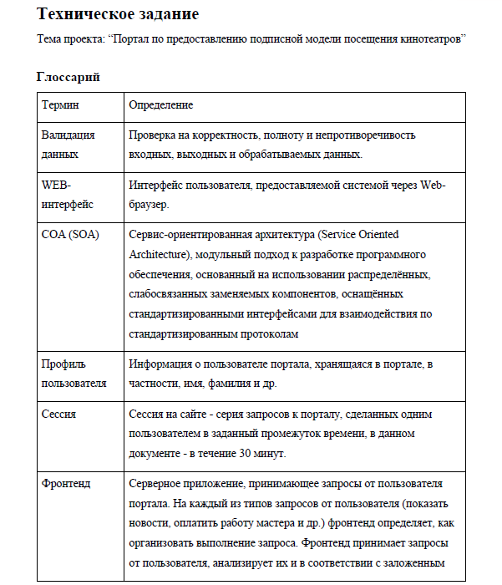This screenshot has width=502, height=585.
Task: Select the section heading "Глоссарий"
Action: pyautogui.click(x=68, y=78)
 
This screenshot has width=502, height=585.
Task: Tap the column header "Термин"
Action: pyautogui.click(x=60, y=105)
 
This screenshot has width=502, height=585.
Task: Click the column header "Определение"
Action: pyautogui.click(x=161, y=105)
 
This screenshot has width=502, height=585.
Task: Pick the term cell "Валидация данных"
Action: pyautogui.click(x=68, y=145)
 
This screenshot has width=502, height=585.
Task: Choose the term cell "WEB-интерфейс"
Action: pyautogui.click(x=68, y=194)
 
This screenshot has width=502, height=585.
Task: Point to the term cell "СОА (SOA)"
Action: pyautogui.click(x=70, y=234)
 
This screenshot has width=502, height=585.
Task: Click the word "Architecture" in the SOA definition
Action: pyautogui.click(x=162, y=254)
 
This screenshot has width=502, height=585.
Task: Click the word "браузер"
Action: pyautogui.click(x=151, y=205)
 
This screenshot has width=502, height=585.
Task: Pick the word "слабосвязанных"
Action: pyautogui.click(x=170, y=294)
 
